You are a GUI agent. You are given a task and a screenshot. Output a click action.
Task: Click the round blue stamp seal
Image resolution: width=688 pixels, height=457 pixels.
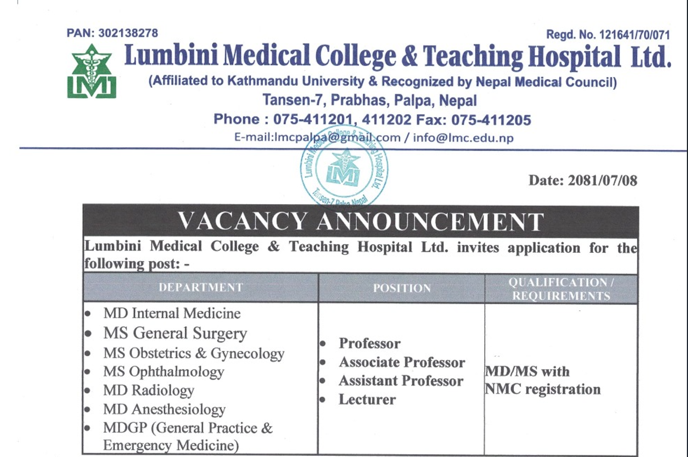(343, 170)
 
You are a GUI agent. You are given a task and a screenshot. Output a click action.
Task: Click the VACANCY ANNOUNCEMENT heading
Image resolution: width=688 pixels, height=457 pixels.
(360, 222)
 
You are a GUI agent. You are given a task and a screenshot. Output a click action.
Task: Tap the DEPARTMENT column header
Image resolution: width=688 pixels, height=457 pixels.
(201, 288)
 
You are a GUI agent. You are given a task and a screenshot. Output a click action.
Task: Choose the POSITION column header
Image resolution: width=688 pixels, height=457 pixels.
(401, 288)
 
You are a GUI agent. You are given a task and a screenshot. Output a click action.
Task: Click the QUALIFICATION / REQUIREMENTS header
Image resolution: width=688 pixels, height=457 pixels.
(561, 289)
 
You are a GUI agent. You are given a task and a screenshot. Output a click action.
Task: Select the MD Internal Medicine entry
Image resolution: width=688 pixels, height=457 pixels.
(172, 313)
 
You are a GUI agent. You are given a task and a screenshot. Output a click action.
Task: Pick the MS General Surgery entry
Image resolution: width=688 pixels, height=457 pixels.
(175, 334)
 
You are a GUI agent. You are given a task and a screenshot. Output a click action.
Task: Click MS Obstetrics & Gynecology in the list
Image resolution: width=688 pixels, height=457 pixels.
(193, 353)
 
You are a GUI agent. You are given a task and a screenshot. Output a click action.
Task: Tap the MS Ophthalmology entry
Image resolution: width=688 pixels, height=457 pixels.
(163, 372)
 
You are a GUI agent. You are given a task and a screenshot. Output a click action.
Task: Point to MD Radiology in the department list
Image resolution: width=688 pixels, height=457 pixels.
(149, 391)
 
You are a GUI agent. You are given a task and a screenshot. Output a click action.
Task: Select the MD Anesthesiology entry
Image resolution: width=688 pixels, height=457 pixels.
(164, 410)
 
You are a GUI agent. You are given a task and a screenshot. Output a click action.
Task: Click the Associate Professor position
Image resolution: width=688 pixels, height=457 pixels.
(402, 363)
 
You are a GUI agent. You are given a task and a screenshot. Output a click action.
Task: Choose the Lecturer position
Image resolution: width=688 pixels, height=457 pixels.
(367, 399)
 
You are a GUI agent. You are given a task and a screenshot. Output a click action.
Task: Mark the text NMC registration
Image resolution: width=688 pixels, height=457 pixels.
(543, 390)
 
